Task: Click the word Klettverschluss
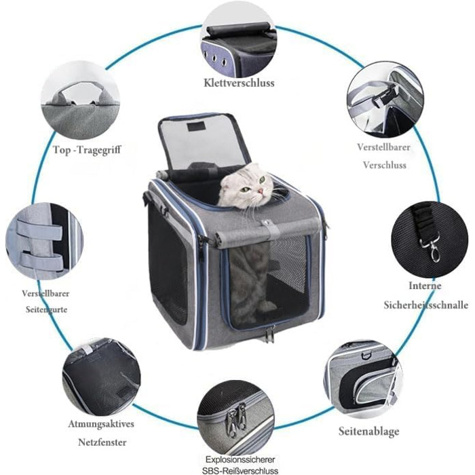pos(239,83)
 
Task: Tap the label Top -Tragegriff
pos(88,150)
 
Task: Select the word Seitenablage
pos(368,431)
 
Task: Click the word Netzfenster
pos(102,442)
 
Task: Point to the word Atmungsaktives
pos(101,423)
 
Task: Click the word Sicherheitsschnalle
pos(426,305)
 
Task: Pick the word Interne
pos(425,286)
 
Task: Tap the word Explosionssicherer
pos(240,459)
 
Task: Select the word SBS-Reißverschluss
pos(240,470)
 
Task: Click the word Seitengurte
pos(46,309)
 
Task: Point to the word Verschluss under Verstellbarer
pos(385,165)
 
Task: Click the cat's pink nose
pos(261,191)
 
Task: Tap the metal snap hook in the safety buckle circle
pos(431,250)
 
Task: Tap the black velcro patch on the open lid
pos(197,127)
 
